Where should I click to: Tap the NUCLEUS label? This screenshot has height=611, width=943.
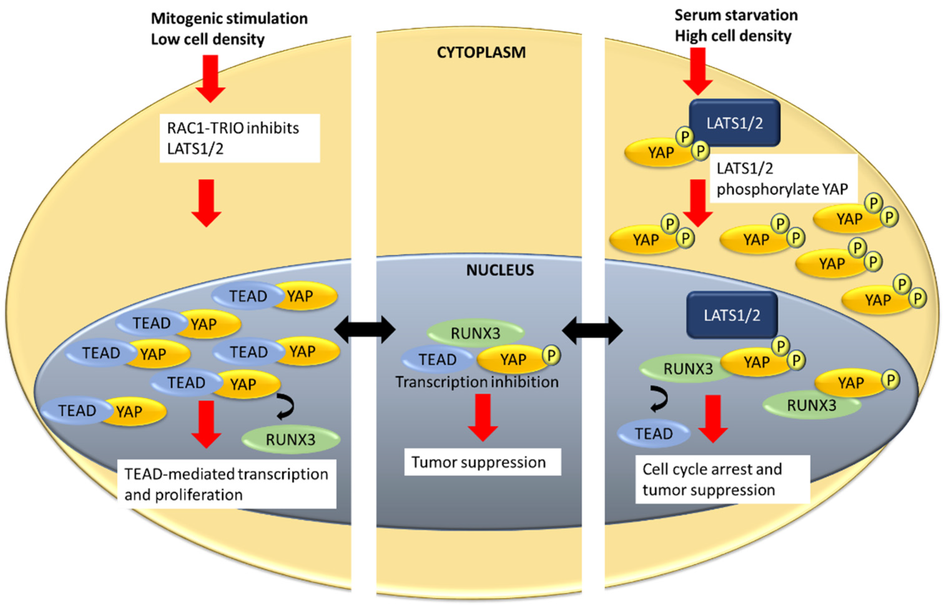click(x=500, y=270)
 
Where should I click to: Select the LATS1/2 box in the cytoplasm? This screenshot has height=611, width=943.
click(x=735, y=123)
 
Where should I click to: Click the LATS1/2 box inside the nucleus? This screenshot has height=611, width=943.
click(x=732, y=315)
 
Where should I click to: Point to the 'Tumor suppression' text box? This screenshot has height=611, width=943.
click(x=483, y=462)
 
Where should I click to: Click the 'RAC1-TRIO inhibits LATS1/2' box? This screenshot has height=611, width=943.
click(x=240, y=138)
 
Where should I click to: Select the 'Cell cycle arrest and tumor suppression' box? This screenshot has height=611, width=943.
click(x=723, y=479)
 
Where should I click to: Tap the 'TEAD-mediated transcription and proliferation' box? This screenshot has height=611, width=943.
click(x=227, y=484)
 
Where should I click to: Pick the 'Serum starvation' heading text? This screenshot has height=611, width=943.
click(x=736, y=15)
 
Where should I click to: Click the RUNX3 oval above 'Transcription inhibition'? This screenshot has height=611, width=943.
click(x=475, y=333)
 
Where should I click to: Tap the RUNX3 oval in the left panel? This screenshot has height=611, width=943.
click(x=291, y=439)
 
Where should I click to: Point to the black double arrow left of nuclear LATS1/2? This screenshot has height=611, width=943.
click(x=592, y=330)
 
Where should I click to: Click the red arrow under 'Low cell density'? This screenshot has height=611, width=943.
click(x=210, y=78)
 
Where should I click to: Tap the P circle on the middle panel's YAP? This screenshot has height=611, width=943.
click(x=551, y=355)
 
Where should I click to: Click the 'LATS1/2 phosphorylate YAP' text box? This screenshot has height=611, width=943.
click(x=783, y=178)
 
